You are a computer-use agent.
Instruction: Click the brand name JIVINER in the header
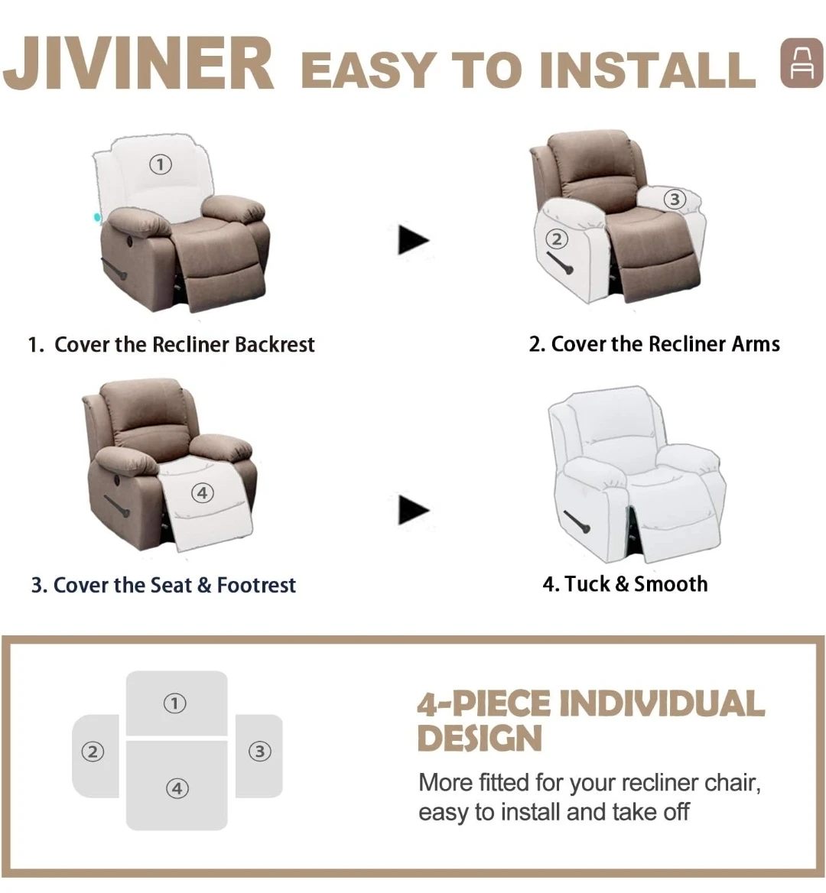tap(138, 63)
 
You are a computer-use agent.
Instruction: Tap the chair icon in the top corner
tap(802, 63)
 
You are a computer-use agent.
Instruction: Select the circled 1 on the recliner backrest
tap(160, 164)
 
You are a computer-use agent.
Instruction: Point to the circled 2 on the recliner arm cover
tap(557, 239)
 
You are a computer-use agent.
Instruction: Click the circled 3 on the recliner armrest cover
tap(675, 200)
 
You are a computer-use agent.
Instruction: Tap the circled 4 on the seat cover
tap(202, 492)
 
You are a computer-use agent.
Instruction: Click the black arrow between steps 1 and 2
tap(413, 240)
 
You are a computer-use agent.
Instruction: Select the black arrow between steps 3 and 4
tap(413, 510)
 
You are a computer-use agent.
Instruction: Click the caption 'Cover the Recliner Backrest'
tap(184, 345)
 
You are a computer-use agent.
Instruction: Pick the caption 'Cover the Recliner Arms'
tap(665, 344)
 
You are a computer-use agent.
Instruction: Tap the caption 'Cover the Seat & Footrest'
tap(174, 585)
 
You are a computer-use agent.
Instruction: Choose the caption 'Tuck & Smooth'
tap(636, 584)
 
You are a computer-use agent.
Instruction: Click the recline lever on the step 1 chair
tap(115, 269)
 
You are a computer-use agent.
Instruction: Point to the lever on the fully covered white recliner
tap(577, 521)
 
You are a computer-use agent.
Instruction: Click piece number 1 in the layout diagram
tap(177, 703)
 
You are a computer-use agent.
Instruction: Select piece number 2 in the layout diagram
tap(95, 755)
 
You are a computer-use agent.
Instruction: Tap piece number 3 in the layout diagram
tap(259, 755)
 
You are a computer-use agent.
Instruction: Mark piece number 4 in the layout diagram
tap(177, 785)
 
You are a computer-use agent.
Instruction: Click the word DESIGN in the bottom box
tap(480, 739)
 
